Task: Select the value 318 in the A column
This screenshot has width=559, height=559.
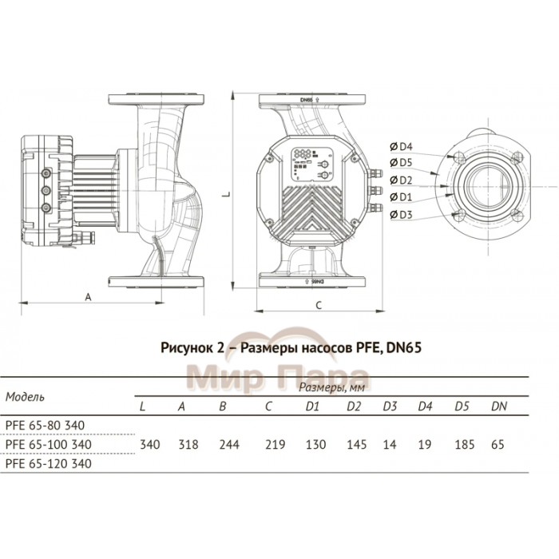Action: [x=183, y=444]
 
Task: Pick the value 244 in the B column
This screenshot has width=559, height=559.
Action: [x=226, y=444]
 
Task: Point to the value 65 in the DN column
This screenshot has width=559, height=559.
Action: [x=498, y=444]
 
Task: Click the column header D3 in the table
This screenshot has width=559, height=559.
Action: [x=390, y=406]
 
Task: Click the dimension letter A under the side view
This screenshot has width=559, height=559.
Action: [x=85, y=295]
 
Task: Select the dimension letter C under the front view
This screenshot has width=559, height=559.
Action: [x=318, y=304]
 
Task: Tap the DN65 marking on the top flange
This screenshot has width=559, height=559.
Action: [x=307, y=101]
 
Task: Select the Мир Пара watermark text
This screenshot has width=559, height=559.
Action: [x=277, y=376]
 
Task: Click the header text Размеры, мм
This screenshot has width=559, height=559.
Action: [x=326, y=388]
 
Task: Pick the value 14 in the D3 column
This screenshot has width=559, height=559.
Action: [x=390, y=444]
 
